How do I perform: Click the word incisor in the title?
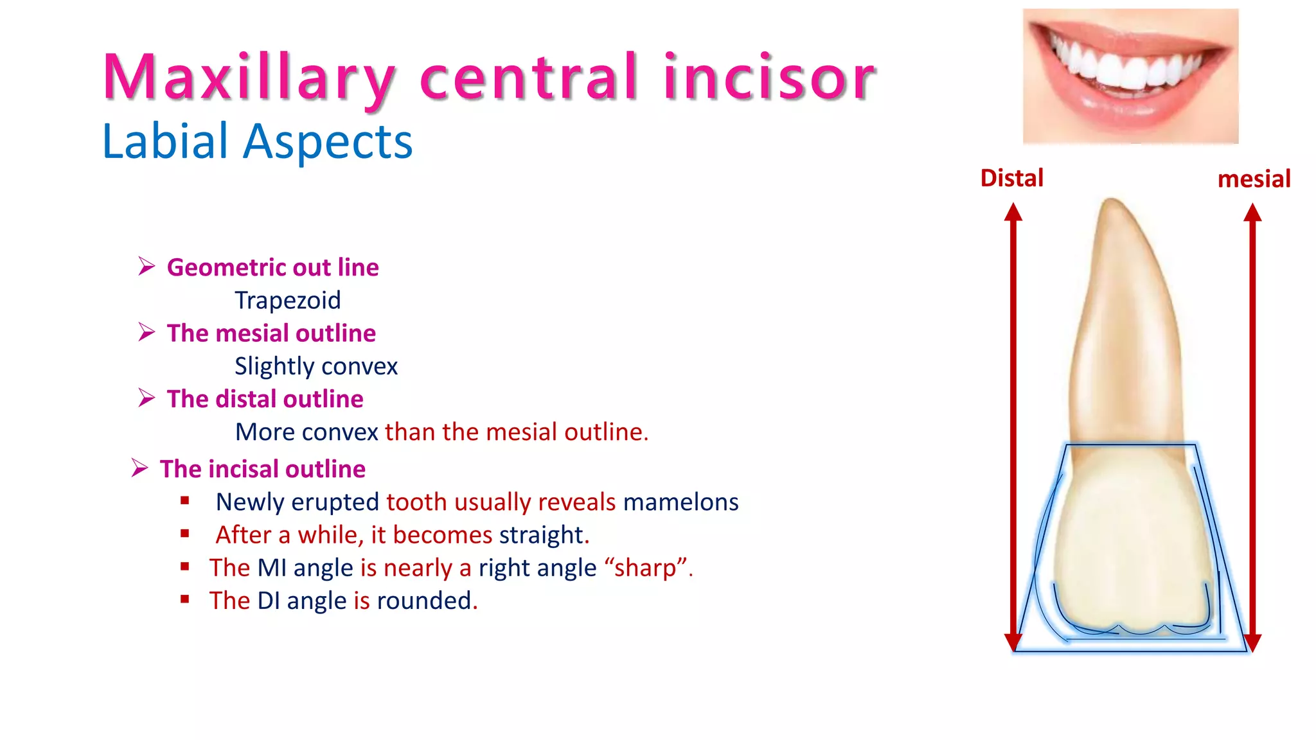click(x=769, y=78)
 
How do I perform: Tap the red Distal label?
click(x=1011, y=178)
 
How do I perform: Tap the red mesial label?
click(x=1254, y=179)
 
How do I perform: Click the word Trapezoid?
click(x=287, y=300)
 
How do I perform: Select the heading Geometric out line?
click(x=272, y=267)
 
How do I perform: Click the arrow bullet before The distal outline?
click(x=147, y=398)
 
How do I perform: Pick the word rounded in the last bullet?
click(x=424, y=601)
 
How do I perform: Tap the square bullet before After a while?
click(x=185, y=533)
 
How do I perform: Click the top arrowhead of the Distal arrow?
click(x=1013, y=212)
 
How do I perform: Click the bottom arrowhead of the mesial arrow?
click(x=1252, y=642)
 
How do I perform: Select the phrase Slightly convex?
click(x=316, y=366)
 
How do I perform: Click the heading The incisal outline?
click(x=262, y=469)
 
